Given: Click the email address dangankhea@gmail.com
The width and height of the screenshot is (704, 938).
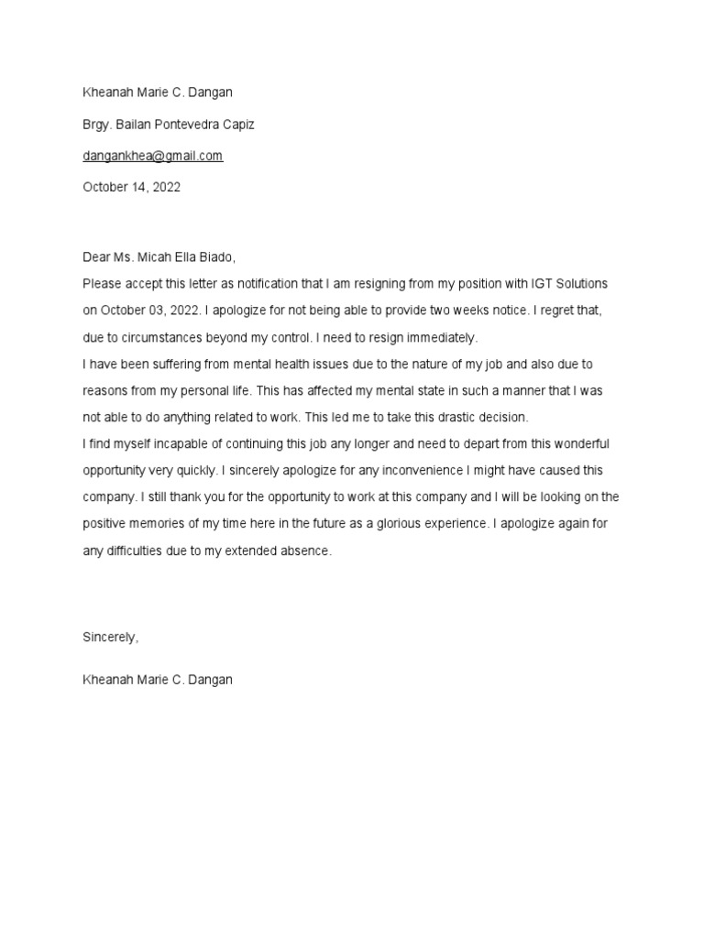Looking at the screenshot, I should pyautogui.click(x=152, y=156).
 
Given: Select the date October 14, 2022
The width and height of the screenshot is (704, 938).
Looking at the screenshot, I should pyautogui.click(x=131, y=187).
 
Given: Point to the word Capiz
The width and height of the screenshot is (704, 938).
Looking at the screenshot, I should pyautogui.click(x=237, y=125).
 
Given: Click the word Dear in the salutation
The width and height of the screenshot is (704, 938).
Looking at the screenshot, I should pyautogui.click(x=96, y=257).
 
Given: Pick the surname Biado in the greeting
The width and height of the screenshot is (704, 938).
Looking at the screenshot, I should pyautogui.click(x=228, y=257).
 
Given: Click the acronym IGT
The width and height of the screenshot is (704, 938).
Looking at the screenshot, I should pyautogui.click(x=546, y=284).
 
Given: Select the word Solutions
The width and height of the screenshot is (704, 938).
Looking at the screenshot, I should pyautogui.click(x=585, y=284).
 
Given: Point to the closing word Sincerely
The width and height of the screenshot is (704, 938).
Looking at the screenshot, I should pyautogui.click(x=110, y=638).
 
